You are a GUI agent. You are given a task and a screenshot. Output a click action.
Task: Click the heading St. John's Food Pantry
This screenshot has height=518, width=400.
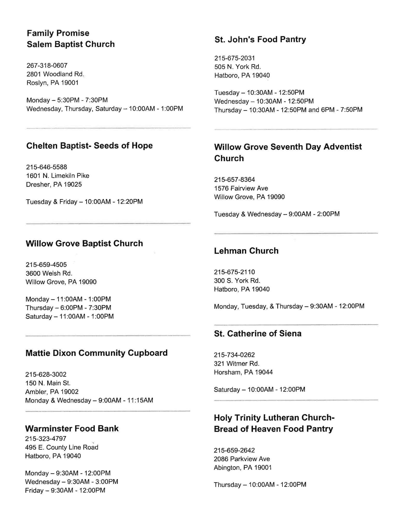coord(260,39)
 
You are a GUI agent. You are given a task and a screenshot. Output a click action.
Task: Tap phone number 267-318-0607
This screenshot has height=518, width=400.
coord(47,66)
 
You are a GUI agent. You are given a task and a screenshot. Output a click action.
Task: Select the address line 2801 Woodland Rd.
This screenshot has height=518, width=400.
coord(55,74)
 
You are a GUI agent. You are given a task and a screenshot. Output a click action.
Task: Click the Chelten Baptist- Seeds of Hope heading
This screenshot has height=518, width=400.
coord(89,146)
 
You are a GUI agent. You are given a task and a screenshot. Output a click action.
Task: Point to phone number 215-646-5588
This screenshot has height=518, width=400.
coord(46,167)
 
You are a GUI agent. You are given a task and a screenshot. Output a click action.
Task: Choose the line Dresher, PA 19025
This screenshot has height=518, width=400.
coord(54,184)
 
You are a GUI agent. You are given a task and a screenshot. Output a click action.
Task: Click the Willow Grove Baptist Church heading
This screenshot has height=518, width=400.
coord(84,243)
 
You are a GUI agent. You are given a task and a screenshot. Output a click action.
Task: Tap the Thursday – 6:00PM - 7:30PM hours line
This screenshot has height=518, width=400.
coord(68,308)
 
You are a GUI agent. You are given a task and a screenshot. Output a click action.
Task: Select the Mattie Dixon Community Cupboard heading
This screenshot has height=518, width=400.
coord(96,353)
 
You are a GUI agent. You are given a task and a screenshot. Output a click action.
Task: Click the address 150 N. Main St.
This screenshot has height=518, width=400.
coord(48,383)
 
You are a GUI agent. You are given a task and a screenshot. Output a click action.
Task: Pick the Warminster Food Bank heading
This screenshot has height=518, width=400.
coord(72,429)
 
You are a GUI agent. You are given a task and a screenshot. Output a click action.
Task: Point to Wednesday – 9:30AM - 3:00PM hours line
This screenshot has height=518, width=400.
coord(71,482)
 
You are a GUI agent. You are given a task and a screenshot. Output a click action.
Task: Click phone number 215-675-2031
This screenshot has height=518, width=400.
coord(235,58)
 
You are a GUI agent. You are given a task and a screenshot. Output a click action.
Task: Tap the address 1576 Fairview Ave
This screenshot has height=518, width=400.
coord(241,188)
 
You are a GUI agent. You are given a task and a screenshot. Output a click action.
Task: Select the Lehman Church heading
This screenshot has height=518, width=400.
coord(246,251)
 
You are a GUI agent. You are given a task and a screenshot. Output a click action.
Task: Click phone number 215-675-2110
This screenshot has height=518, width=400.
coord(234,272)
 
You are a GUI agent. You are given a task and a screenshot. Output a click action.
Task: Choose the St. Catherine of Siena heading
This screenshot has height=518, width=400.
coord(258,334)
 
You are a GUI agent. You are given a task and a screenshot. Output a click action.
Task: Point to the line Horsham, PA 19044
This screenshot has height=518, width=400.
coord(243,372)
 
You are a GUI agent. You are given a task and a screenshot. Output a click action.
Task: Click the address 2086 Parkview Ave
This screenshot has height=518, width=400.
coord(242,459)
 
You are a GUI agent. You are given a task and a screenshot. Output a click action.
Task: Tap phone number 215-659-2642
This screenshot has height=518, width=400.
coord(234,450)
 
